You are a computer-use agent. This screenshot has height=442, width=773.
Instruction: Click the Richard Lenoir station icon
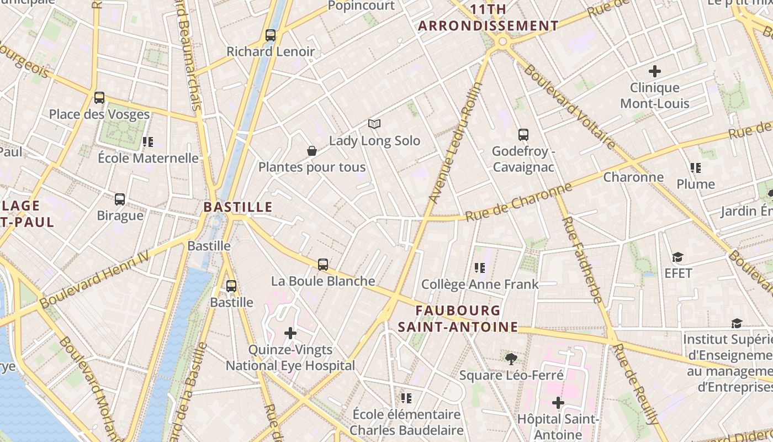[x=271, y=35]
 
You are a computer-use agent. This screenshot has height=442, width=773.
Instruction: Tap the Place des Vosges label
[x=99, y=114]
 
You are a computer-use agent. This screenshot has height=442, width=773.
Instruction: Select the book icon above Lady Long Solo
[x=374, y=124]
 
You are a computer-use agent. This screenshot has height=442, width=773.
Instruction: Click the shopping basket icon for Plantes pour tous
[x=312, y=151]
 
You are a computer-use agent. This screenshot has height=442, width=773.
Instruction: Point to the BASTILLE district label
[x=238, y=207]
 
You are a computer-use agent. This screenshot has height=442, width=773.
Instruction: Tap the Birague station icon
[x=120, y=199]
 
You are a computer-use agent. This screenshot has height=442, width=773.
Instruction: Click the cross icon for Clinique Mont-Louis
[x=655, y=71]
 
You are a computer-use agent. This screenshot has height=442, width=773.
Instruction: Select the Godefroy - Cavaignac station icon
[x=523, y=135]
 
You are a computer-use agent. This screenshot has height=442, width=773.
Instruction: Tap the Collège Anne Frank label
[x=480, y=285]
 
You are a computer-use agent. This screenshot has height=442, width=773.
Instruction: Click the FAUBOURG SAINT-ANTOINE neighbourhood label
[x=458, y=319]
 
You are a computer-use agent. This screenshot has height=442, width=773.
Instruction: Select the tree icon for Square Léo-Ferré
[x=511, y=359]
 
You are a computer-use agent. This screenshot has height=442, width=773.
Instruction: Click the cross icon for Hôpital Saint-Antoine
[x=558, y=403]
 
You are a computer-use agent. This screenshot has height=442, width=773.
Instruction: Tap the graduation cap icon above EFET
[x=677, y=257]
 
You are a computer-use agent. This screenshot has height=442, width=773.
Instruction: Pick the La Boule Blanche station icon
[x=323, y=265]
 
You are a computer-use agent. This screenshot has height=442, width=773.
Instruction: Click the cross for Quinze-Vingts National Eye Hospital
[x=290, y=333]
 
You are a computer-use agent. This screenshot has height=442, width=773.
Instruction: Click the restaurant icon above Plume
[x=696, y=167]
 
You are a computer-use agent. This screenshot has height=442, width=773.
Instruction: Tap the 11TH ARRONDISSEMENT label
[x=488, y=18]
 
